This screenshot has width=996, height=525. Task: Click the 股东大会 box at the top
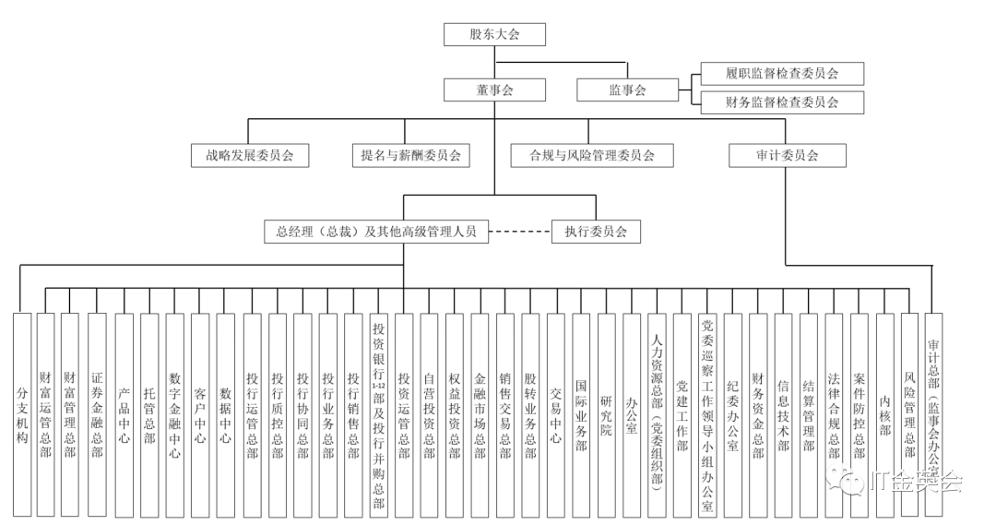pyautogui.click(x=494, y=35)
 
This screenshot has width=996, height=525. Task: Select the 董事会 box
pyautogui.click(x=494, y=89)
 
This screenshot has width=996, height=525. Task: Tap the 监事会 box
pyautogui.click(x=627, y=89)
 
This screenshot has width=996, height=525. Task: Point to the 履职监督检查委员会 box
pyautogui.click(x=781, y=74)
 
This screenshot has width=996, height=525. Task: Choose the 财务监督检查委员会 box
pyautogui.click(x=781, y=101)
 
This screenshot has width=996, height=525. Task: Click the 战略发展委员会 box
pyautogui.click(x=250, y=156)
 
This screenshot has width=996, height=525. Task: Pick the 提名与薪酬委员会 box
pyautogui.click(x=410, y=156)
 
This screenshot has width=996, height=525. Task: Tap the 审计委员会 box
pyautogui.click(x=787, y=156)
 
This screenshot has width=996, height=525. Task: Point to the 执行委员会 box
pyautogui.click(x=595, y=232)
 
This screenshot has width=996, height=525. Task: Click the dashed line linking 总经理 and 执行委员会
pyautogui.click(x=519, y=232)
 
